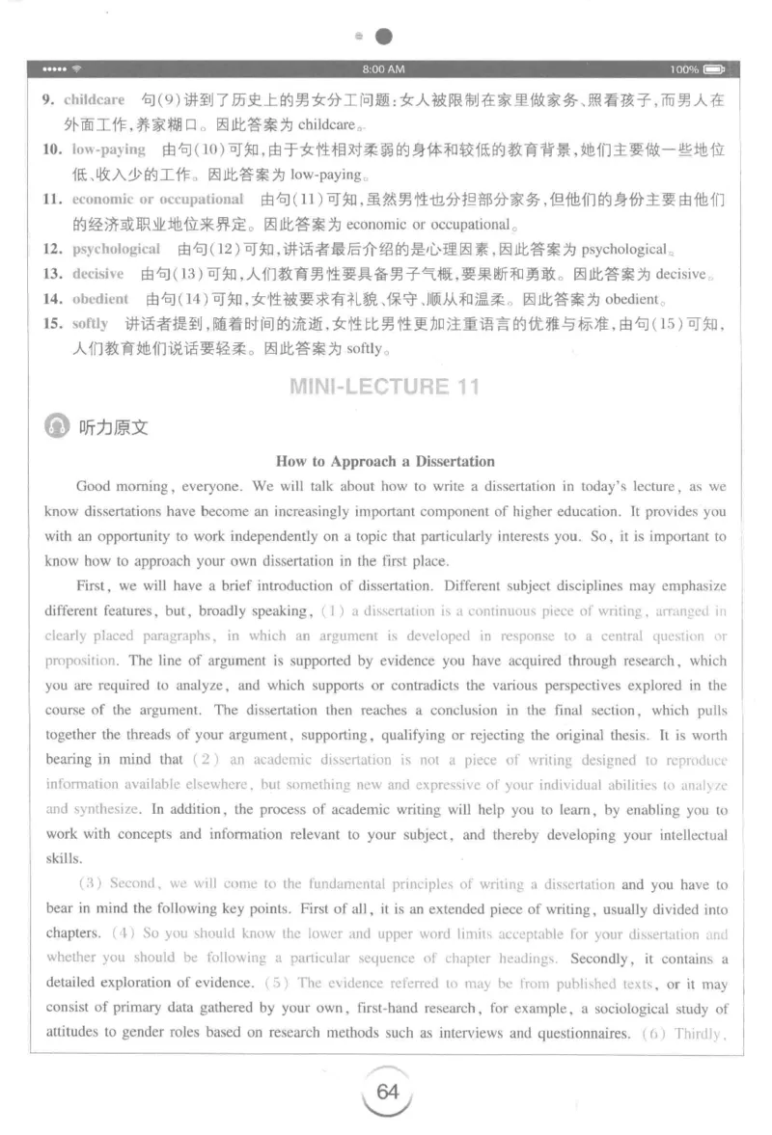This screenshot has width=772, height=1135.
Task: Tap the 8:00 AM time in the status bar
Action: [383, 69]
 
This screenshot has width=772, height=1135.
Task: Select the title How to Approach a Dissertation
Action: [385, 461]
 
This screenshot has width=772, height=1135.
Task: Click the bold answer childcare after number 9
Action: [95, 99]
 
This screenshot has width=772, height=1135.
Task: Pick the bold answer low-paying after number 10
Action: [108, 149]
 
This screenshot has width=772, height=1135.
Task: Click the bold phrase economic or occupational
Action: [158, 200]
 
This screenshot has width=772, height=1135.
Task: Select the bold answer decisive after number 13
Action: [98, 274]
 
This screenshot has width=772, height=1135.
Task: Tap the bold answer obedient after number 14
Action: [100, 298]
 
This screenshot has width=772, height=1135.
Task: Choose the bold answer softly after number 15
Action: [91, 323]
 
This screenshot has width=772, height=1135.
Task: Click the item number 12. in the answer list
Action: [53, 249]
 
